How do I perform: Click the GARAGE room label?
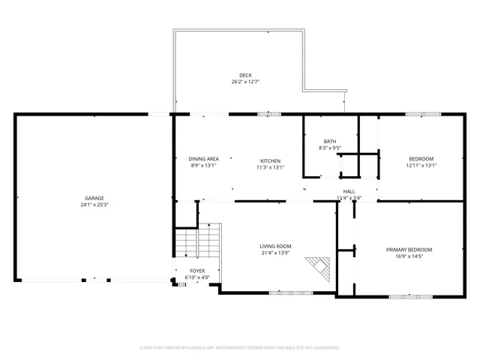point(94,198)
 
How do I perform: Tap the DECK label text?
point(245,75)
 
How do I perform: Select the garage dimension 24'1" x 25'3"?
point(94,205)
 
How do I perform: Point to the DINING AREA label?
point(203,159)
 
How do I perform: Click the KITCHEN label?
point(270,161)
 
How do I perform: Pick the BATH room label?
point(330,141)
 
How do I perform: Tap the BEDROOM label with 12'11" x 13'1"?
point(421,159)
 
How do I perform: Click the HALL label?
point(349,191)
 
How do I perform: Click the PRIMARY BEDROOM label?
point(409,250)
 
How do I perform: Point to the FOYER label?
point(197,271)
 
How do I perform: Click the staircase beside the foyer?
point(197,242)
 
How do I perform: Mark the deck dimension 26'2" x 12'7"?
point(245,82)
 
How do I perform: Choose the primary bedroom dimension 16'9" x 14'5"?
point(409,256)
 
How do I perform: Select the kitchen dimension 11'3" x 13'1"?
point(270,168)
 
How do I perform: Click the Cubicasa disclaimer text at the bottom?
point(240,348)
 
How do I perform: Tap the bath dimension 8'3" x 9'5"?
point(330,148)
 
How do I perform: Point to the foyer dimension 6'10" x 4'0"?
point(197,277)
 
